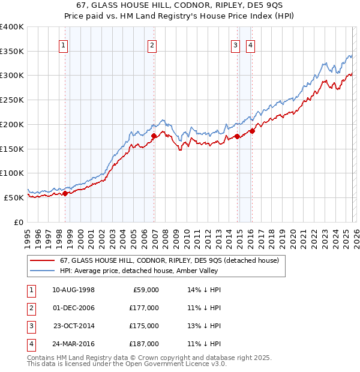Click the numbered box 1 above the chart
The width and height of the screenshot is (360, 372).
pyautogui.click(x=63, y=44)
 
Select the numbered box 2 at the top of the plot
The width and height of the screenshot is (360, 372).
pyautogui.click(x=152, y=44)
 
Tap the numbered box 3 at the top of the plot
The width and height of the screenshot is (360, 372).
pyautogui.click(x=236, y=44)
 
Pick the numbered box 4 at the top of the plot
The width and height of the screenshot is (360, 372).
pyautogui.click(x=250, y=44)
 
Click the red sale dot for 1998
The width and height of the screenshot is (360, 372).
pyautogui.click(x=65, y=193)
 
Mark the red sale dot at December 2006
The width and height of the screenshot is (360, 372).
pyautogui.click(x=154, y=136)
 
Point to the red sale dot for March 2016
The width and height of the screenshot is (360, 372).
pyautogui.click(x=253, y=131)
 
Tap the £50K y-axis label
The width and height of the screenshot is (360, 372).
pyautogui.click(x=14, y=197)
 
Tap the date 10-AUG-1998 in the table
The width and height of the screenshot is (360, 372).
pyautogui.click(x=73, y=290)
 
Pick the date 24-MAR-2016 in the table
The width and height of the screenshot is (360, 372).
pyautogui.click(x=73, y=344)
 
